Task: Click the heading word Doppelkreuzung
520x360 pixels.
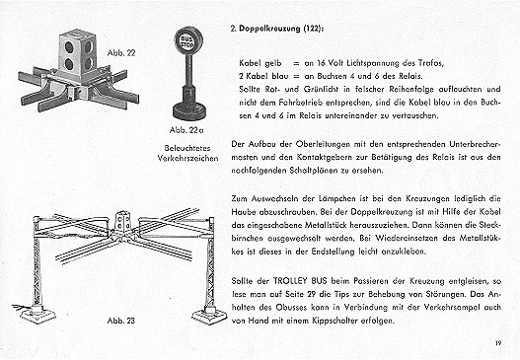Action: click(x=270, y=29)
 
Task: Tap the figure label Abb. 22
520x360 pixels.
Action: click(x=121, y=53)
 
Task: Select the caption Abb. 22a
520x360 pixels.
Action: click(x=186, y=130)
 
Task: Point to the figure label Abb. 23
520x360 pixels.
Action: click(x=121, y=321)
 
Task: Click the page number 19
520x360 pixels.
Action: click(x=497, y=343)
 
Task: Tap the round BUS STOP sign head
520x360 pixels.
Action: click(x=188, y=40)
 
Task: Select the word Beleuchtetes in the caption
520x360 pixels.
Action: click(x=187, y=148)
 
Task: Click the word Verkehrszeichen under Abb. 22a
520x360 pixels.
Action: click(x=187, y=158)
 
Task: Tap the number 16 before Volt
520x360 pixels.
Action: click(x=321, y=63)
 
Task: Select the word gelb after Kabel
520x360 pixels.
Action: click(x=273, y=63)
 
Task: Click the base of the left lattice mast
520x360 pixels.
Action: click(x=37, y=314)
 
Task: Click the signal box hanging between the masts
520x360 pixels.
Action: click(x=122, y=220)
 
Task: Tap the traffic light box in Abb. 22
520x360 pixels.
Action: click(x=76, y=51)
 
